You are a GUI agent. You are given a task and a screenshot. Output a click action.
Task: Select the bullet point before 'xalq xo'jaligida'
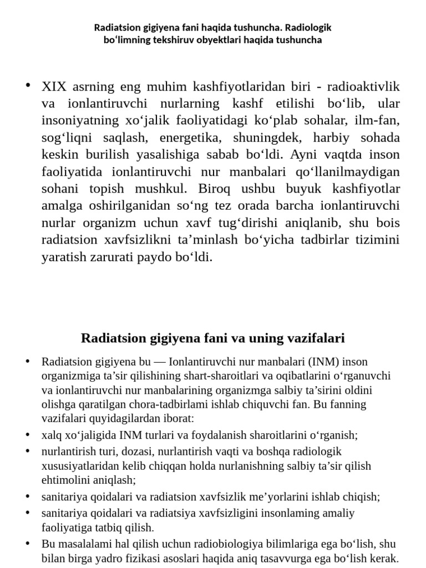[27, 434]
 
